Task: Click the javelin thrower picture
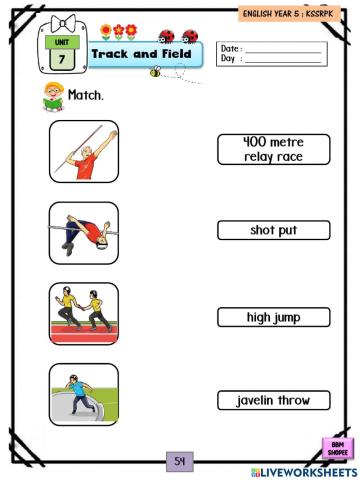[83, 151]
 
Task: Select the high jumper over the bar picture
[83, 233]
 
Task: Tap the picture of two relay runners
[83, 313]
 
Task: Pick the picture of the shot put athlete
[83, 394]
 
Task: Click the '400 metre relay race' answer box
[273, 149]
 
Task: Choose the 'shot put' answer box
[273, 230]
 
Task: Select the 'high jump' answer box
[273, 318]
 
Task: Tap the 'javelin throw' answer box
[273, 400]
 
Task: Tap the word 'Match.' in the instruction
[87, 97]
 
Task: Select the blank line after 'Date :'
[284, 49]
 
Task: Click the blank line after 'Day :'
[284, 59]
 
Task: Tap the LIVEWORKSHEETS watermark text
[305, 471]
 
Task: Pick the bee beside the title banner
[156, 72]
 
